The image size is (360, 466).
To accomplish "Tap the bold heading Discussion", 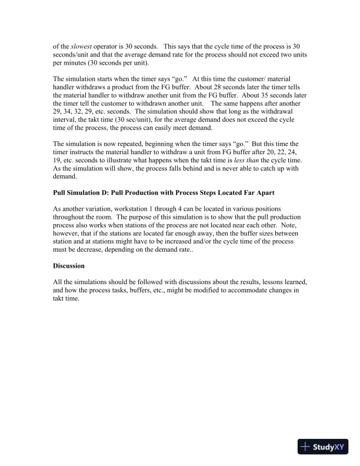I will point(69,265).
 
